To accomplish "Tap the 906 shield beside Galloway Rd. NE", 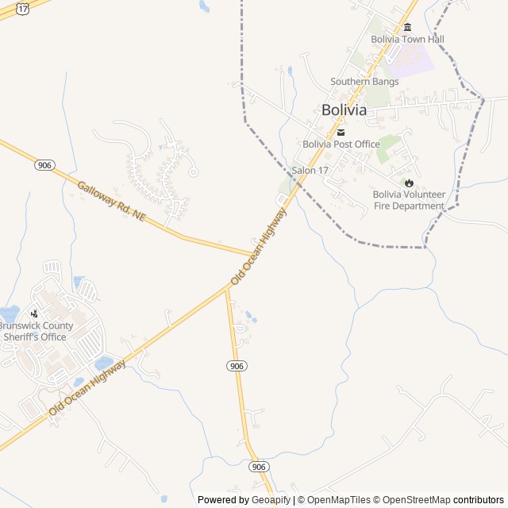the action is click(x=44, y=165).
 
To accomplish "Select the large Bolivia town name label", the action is click(x=344, y=110).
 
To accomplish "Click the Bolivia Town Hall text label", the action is click(x=407, y=39).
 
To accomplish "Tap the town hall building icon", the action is click(x=407, y=27).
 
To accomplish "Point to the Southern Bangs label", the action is click(x=364, y=81).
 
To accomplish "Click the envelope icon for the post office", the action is click(x=341, y=132).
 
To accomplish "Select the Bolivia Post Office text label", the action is click(x=341, y=144).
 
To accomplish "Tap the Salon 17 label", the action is click(x=310, y=171).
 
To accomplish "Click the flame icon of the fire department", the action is click(x=410, y=183).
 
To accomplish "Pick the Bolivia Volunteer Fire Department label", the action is click(x=409, y=200).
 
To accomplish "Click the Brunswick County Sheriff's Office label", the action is click(x=36, y=331).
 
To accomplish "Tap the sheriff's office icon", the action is click(x=34, y=314).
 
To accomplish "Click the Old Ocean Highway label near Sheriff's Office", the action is click(x=87, y=388).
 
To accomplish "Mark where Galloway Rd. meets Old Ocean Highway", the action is click(x=256, y=255).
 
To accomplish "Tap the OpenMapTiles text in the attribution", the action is click(x=339, y=500).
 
